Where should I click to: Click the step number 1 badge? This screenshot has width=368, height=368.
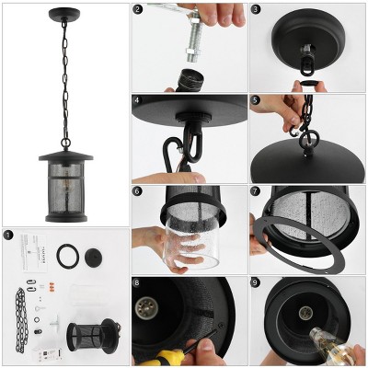pyautogui.click(x=8, y=236)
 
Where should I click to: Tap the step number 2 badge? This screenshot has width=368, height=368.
pyautogui.click(x=138, y=10)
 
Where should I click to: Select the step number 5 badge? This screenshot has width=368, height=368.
pyautogui.click(x=256, y=100)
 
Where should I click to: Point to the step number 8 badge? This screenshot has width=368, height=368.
pyautogui.click(x=138, y=283)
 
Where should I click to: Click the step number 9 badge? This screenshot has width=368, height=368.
pyautogui.click(x=256, y=283)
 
